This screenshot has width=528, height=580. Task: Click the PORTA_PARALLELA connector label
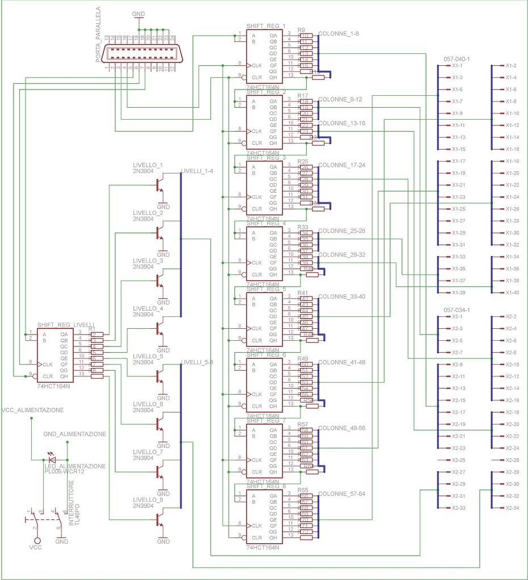pos(98,35)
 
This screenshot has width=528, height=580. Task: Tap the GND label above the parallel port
pos(138,12)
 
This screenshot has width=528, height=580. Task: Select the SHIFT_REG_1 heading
pos(266,26)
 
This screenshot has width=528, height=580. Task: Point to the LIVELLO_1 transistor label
pos(148,166)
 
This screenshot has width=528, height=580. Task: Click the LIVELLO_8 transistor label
pos(148,499)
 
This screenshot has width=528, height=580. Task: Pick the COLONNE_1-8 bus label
pos(339,34)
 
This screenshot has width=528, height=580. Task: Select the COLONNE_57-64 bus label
pos(342,494)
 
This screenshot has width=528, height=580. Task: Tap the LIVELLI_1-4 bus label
pos(197,171)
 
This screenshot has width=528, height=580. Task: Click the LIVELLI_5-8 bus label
pos(197,362)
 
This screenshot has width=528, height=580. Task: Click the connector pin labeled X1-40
pos(512,293)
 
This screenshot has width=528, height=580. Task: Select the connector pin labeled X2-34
pos(512,508)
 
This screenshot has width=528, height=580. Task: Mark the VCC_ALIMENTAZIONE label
pos(33,410)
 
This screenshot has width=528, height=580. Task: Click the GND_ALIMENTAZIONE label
pos(74,434)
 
